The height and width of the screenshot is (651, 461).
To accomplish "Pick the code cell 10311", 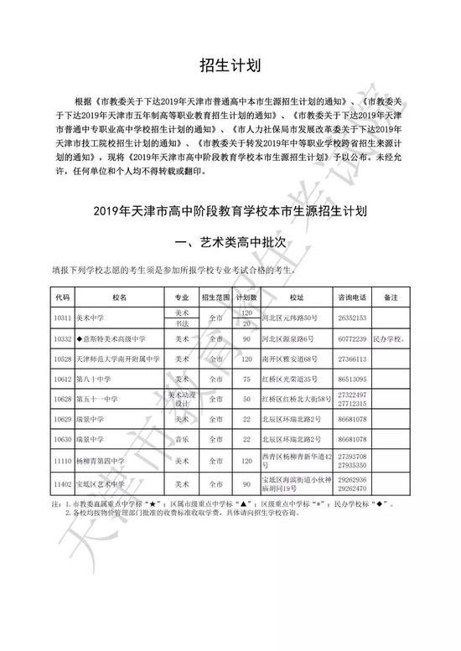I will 62,318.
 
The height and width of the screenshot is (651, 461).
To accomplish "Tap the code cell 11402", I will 62,483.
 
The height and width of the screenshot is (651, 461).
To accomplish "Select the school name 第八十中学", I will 95,379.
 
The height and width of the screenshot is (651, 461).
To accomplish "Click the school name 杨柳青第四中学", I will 101,460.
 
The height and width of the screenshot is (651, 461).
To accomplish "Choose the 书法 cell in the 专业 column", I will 182,323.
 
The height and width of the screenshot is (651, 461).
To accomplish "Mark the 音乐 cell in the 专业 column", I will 182,439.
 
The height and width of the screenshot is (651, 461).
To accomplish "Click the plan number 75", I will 246,379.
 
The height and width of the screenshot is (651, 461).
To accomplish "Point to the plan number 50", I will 246,399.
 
